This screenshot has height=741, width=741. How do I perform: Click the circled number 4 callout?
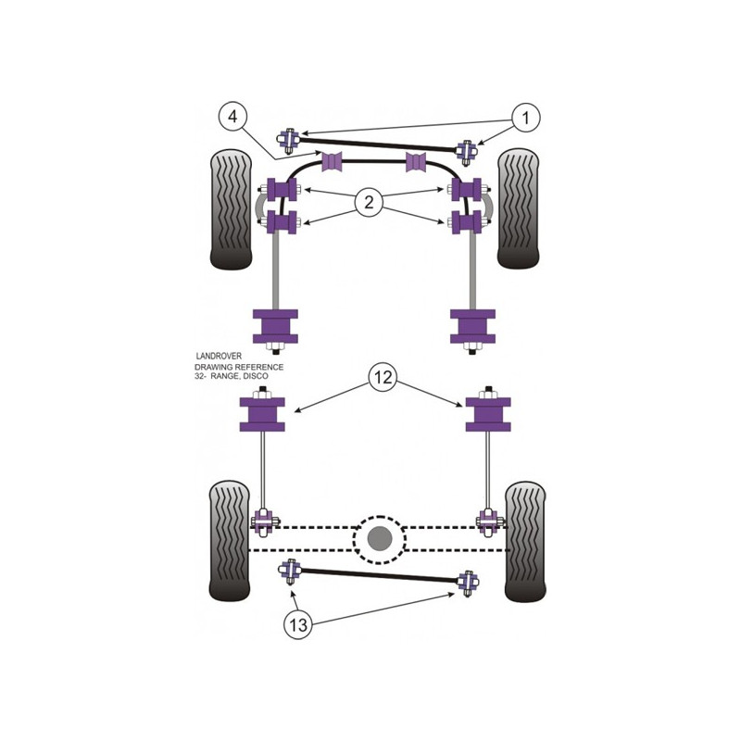(x=233, y=117)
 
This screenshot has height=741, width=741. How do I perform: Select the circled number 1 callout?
(x=525, y=118)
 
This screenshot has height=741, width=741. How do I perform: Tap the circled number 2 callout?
(x=369, y=202)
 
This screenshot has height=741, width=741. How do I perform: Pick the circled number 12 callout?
(x=383, y=377)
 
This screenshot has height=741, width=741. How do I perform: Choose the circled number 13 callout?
(x=298, y=624)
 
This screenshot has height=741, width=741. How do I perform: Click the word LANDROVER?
(x=219, y=356)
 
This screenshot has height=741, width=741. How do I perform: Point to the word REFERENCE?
(x=259, y=367)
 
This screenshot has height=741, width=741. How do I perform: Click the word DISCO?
(x=256, y=376)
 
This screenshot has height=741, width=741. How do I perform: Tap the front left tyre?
(x=231, y=209)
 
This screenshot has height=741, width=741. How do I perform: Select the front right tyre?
(x=518, y=208)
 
